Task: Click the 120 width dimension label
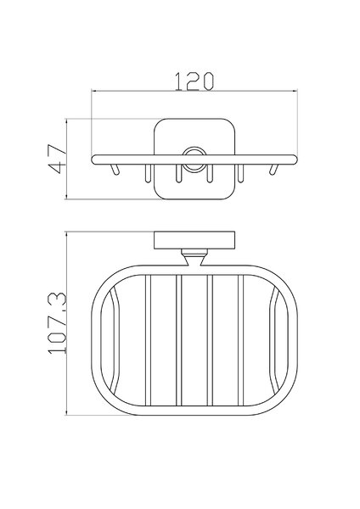point(194,81)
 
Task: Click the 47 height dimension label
point(57,159)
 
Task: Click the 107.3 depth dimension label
point(58,323)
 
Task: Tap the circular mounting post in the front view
point(194,159)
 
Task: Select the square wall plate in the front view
point(194,159)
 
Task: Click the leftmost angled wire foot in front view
point(115,170)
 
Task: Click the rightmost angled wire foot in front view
point(273,170)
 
